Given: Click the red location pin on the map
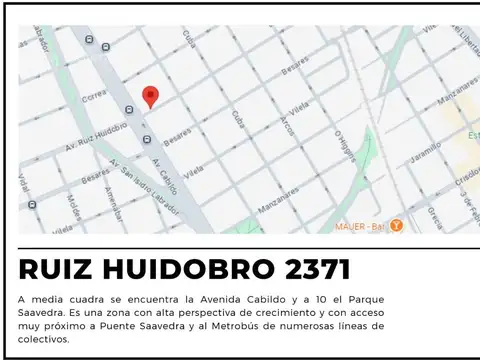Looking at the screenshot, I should point(151,96).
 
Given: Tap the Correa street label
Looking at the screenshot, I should point(93,97).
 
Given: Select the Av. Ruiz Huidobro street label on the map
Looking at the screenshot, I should point(100,130).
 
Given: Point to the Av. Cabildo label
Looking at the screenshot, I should point(165,174).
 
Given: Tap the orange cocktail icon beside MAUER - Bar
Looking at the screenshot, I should point(396,225).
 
